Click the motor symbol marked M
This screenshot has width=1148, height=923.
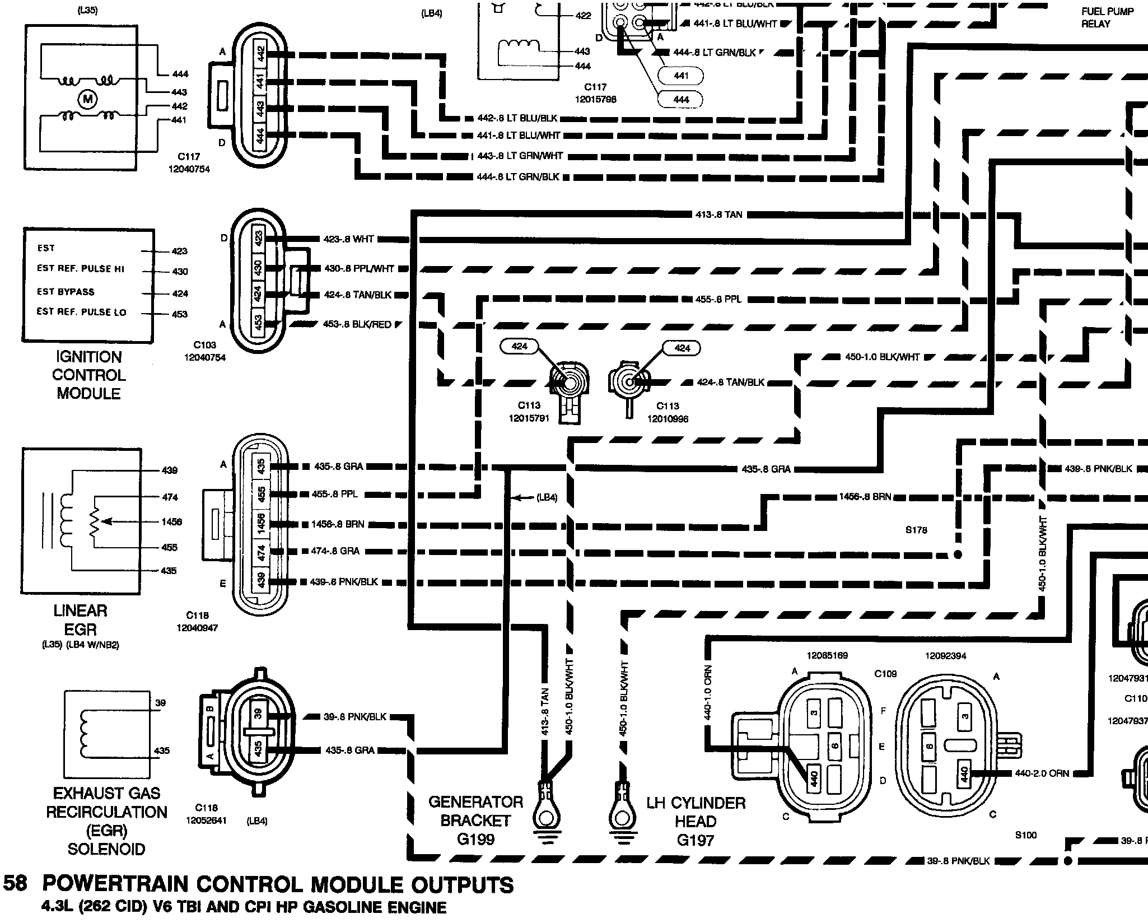pos(88,100)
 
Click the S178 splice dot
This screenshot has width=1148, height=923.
pos(957,555)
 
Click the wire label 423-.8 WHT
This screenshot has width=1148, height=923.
pos(348,239)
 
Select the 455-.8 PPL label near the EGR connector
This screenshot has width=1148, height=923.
pos(334,495)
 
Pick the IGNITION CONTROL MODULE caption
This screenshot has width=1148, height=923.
pos(89,375)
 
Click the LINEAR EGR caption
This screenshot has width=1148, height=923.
pos(81,619)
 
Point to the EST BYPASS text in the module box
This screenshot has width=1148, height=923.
pos(66,292)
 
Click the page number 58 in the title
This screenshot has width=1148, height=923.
pos(15,883)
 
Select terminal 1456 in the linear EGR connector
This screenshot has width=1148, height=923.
pos(261,524)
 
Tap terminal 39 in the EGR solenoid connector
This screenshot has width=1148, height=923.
pos(258,714)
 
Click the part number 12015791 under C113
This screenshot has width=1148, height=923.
pos(529,418)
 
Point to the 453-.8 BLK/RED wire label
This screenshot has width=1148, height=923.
pos(357,324)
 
